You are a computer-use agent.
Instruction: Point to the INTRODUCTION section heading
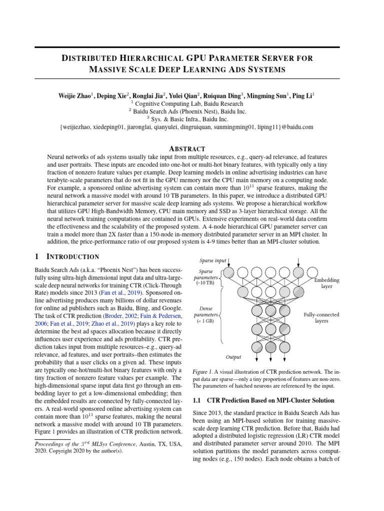coord(73,257)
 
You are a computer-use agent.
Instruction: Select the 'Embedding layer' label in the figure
coord(326,283)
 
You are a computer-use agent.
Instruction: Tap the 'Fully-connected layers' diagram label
coord(321,318)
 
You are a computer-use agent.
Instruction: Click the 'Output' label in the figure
coord(233,357)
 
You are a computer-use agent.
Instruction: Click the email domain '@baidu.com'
coord(298,127)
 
